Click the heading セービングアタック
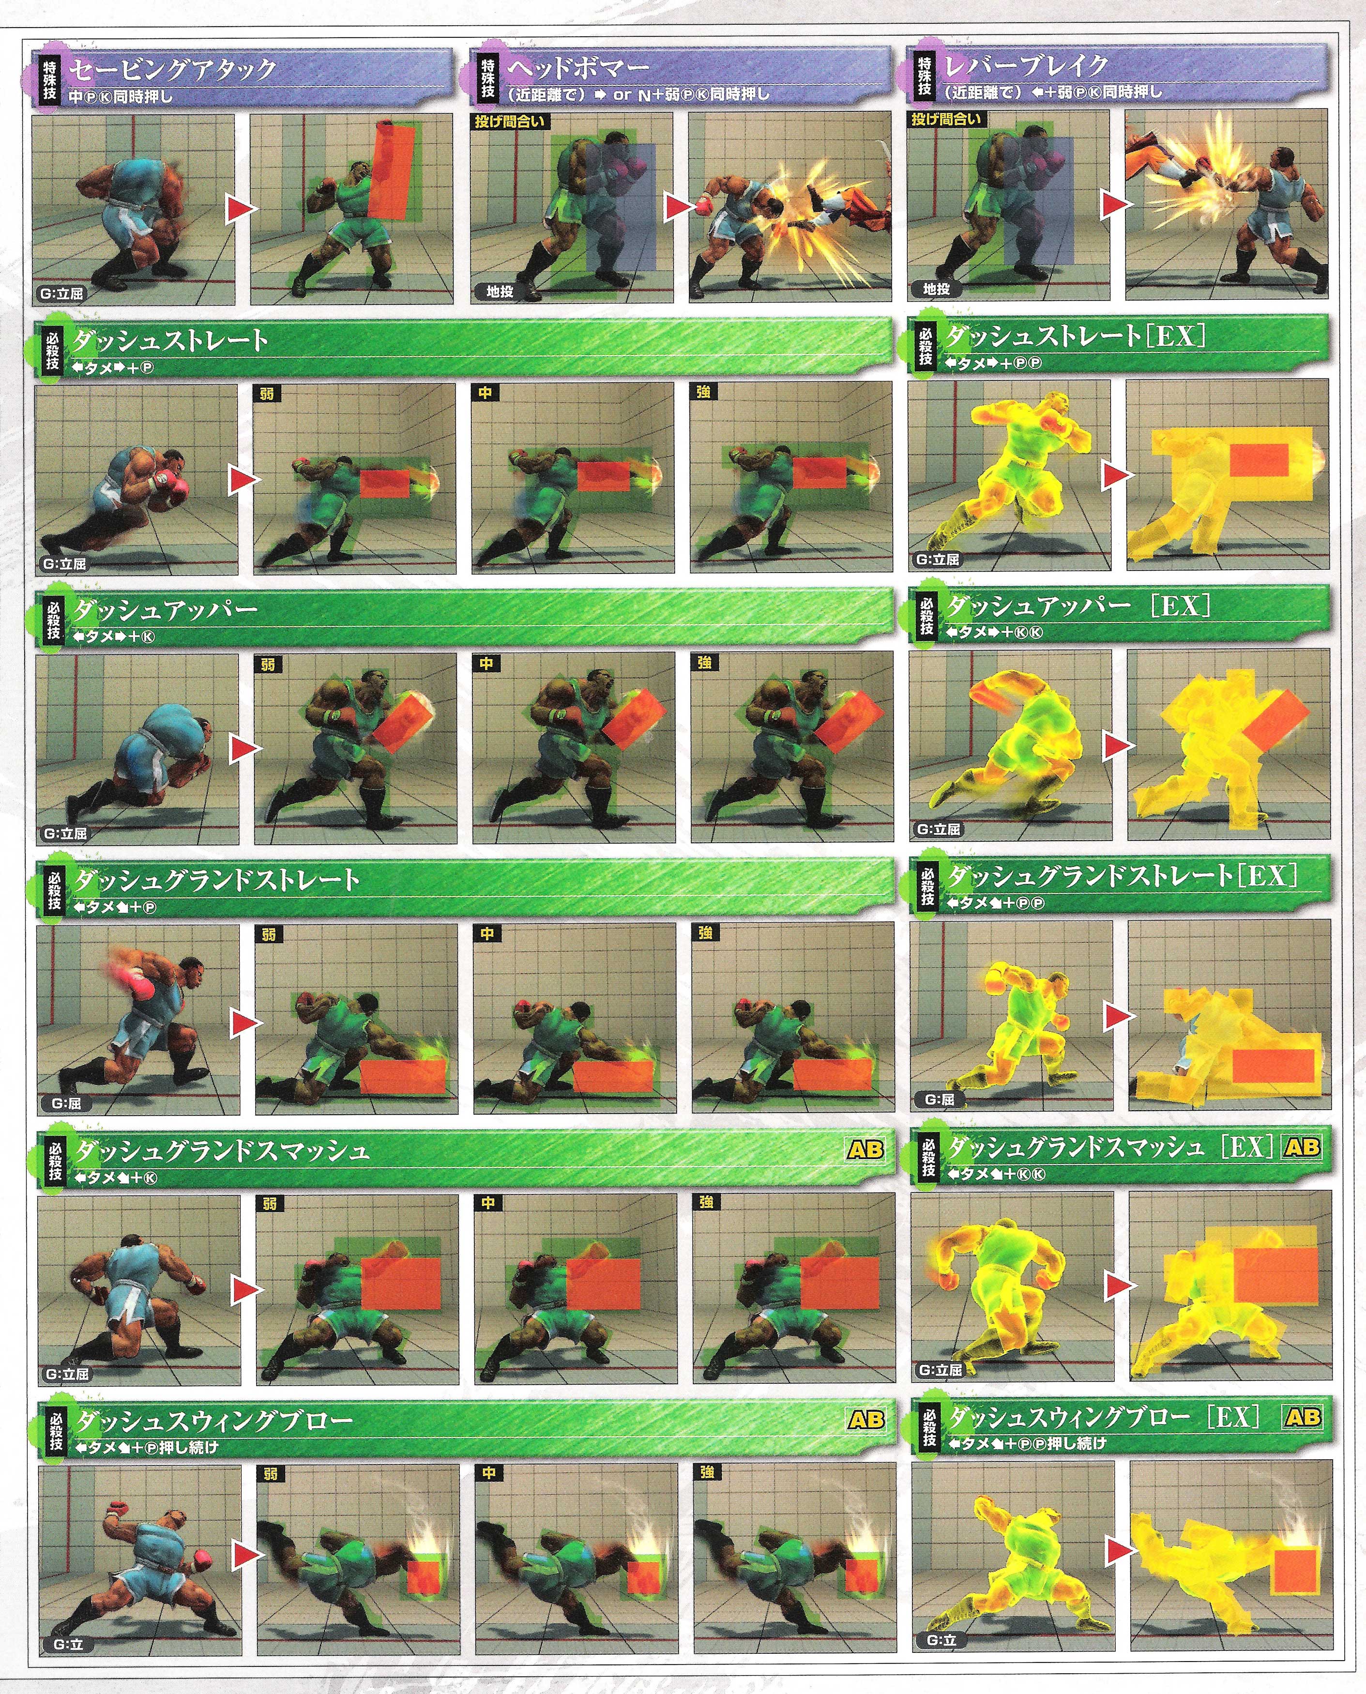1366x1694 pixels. click(x=171, y=69)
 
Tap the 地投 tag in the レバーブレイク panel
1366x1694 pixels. click(x=936, y=289)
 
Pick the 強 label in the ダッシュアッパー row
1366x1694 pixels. click(x=704, y=663)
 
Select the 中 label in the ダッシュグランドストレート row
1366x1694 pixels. click(x=487, y=933)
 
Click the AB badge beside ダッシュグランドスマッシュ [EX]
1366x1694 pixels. click(x=1302, y=1147)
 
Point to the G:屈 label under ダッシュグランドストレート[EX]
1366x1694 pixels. click(x=940, y=1099)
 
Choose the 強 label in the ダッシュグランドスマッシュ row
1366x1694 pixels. click(x=705, y=1202)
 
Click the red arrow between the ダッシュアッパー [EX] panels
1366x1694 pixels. click(x=1117, y=746)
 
